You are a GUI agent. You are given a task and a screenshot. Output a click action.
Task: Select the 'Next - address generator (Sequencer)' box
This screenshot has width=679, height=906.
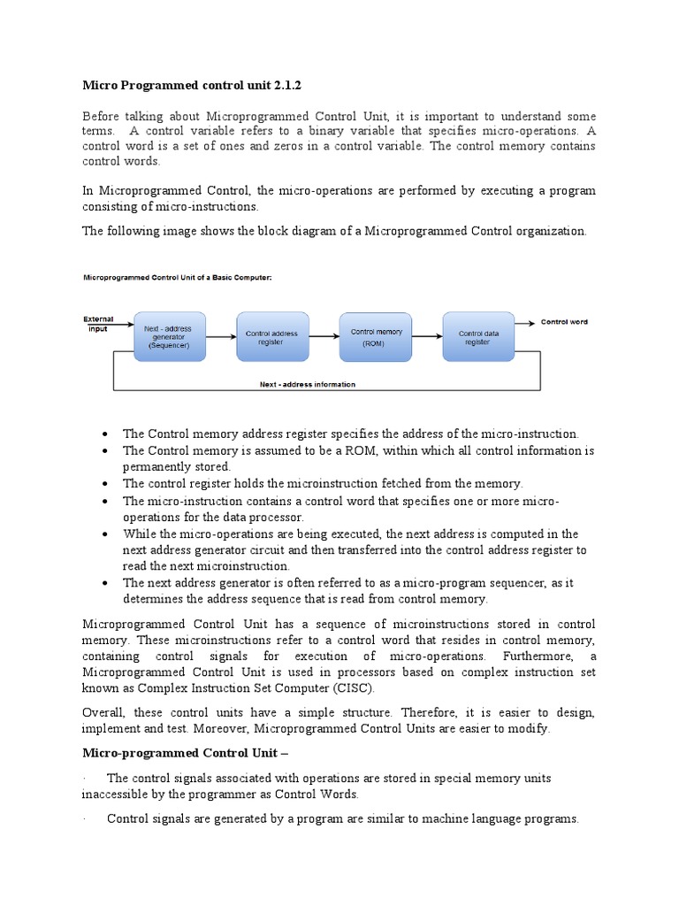pos(168,336)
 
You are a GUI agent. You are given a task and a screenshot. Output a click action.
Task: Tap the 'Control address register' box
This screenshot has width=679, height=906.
pos(272,336)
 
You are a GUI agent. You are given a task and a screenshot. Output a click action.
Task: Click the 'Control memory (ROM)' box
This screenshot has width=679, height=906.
pos(376,336)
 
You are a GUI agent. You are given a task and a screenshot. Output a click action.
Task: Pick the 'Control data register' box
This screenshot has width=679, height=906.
pos(478,336)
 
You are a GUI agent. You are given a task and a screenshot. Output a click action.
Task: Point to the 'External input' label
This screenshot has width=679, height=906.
pos(98,323)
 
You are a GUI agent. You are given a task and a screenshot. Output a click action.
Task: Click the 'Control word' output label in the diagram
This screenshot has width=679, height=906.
pos(564,322)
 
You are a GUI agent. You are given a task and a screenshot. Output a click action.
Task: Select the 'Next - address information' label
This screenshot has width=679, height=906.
pos(308,385)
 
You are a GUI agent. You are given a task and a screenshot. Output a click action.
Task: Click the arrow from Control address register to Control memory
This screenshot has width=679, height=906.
pos(324,336)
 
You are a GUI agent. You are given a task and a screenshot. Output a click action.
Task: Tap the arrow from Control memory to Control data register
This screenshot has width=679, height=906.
pos(427,336)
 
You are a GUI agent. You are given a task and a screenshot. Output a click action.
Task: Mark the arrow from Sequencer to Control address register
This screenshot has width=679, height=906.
pos(221,336)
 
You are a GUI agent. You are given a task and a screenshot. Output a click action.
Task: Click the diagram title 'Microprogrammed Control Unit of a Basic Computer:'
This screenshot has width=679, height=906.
pos(178,277)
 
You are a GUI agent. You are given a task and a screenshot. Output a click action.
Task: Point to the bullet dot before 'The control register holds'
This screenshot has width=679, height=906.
pos(105,484)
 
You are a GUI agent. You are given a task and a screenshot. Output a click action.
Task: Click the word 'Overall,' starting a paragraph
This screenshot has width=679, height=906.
pos(106,712)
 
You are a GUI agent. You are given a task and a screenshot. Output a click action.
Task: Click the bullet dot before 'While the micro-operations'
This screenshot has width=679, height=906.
pos(105,534)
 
